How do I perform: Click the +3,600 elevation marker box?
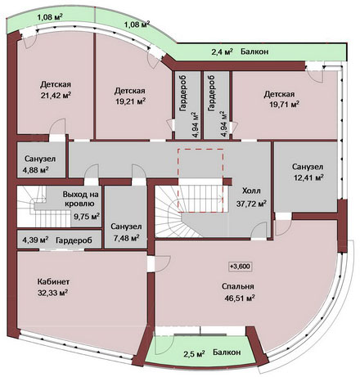pyautogui.click(x=240, y=267)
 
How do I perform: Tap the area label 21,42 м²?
pyautogui.click(x=56, y=96)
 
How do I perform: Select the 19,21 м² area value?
pyautogui.click(x=130, y=101)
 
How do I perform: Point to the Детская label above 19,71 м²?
pyautogui.click(x=279, y=94)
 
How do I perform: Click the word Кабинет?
pyautogui.click(x=53, y=281)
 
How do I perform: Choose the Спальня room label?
pyautogui.click(x=238, y=286)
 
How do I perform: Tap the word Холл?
pyautogui.click(x=251, y=191)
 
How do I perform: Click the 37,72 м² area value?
pyautogui.click(x=251, y=204)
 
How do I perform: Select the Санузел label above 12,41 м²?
pyautogui.click(x=308, y=167)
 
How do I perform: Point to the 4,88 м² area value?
pyautogui.click(x=36, y=170)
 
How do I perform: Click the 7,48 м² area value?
pyautogui.click(x=127, y=238)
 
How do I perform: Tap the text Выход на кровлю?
pyautogui.click(x=80, y=199)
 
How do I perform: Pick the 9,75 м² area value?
pyautogui.click(x=87, y=217)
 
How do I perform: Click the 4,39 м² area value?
pyautogui.click(x=35, y=240)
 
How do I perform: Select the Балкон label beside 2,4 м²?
pyautogui.click(x=254, y=52)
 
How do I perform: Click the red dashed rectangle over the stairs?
pyautogui.click(x=200, y=149)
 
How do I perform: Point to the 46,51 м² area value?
pyautogui.click(x=240, y=298)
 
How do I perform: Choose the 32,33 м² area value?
pyautogui.click(x=53, y=293)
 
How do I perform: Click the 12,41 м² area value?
pyautogui.click(x=308, y=177)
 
